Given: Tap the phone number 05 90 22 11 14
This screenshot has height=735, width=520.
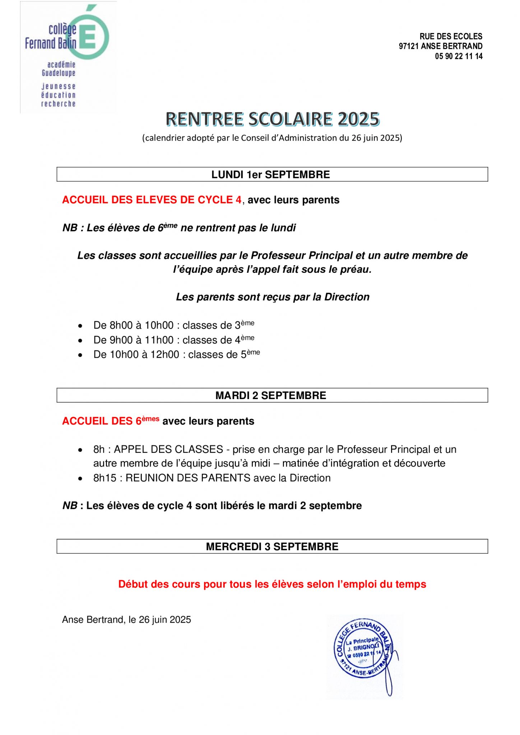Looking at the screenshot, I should pos(458,56).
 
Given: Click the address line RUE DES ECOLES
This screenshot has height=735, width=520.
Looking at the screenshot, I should pos(451,36).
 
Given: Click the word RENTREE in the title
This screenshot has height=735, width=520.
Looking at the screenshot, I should pos(204,119).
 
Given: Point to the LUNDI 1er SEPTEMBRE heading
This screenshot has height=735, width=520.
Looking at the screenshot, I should pos(270,175).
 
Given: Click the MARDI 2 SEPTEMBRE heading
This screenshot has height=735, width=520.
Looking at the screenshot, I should pos(270,395).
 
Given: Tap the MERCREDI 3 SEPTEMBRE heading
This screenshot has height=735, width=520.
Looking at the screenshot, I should pos(272,547).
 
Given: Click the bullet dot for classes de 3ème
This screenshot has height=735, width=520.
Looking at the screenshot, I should pos(80,326).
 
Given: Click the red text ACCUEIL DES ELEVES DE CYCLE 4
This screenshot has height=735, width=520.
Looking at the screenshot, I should pos(152,200).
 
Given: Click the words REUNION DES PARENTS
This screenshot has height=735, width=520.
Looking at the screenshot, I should pos(188,478).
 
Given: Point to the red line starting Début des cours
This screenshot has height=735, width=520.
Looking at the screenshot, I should pos(272,584).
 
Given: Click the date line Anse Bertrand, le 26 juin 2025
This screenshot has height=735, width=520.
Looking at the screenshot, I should pos(126,620).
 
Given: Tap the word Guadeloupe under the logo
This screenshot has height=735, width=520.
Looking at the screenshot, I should pos(59,73).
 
